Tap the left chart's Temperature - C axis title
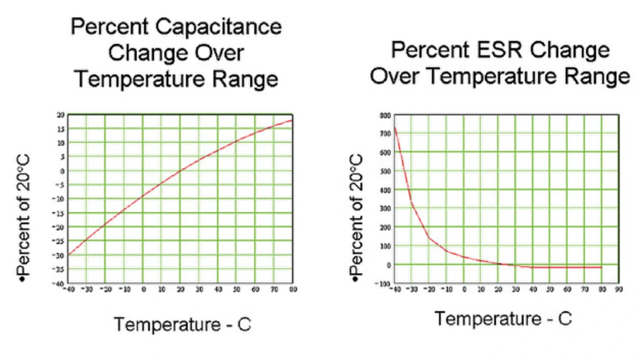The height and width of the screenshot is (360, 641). point(182,324)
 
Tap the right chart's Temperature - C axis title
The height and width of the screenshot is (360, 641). point(502,318)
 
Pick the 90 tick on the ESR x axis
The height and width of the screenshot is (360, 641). point(618,289)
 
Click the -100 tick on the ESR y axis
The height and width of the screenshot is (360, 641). point(384,284)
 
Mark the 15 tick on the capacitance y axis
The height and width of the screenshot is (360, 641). point(62,129)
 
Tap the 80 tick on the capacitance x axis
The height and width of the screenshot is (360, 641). point(292,289)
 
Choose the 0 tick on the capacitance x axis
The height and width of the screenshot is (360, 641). point(143,289)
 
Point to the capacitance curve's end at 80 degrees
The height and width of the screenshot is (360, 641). point(292,120)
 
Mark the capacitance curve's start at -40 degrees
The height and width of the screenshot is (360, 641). point(69,255)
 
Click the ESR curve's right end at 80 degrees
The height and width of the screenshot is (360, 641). point(601,267)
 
